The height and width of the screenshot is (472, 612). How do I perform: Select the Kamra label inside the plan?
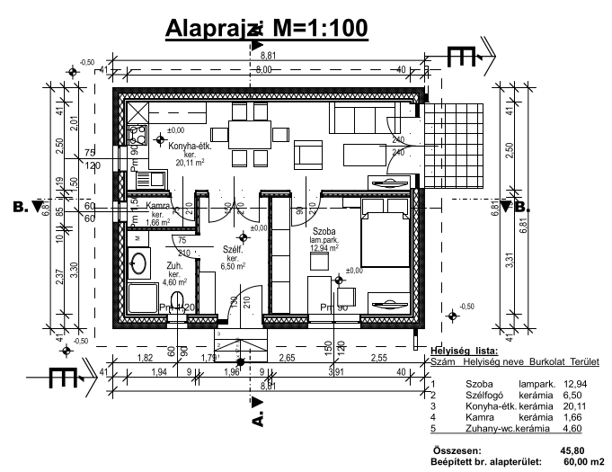tap(159, 207)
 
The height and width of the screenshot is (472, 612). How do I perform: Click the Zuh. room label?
tap(174, 266)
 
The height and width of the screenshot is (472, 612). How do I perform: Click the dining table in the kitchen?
tap(250, 135)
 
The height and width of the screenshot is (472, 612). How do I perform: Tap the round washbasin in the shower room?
tap(139, 263)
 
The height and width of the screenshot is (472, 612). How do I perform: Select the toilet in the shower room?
tap(178, 300)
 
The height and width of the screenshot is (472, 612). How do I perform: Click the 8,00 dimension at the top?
tap(263, 69)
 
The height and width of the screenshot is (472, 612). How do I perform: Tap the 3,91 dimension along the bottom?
tap(337, 371)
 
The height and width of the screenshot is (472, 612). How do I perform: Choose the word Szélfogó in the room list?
tap(483, 394)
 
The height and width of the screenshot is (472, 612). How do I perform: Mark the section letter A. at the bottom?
tap(258, 419)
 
